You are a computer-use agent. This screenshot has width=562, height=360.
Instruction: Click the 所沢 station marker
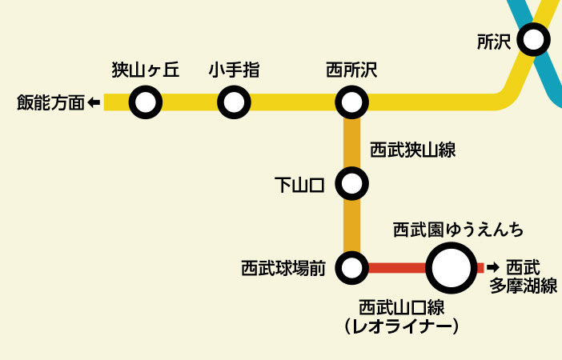533,38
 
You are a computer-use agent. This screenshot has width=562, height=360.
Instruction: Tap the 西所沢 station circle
351,102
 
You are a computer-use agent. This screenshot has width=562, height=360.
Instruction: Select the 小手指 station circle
234,102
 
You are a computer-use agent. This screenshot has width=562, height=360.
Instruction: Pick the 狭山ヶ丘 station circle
145,102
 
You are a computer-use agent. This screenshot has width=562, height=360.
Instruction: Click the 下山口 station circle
351,185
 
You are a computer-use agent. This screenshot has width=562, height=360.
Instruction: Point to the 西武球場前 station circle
351,268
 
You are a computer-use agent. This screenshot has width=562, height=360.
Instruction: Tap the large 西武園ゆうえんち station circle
452,268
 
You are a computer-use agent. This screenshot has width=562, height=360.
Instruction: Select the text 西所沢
351,70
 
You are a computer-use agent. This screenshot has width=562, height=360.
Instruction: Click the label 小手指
234,70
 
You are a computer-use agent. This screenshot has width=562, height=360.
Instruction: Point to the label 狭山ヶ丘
145,70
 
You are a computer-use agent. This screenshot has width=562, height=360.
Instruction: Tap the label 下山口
299,186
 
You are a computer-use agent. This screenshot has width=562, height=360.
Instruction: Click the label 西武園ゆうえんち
459,230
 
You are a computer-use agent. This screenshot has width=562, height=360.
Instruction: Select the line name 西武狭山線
413,150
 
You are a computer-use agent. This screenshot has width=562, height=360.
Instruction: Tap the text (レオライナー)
401,326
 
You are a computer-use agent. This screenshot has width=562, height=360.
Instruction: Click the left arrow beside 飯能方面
94,102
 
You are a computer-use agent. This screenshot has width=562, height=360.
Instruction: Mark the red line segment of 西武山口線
395,268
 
